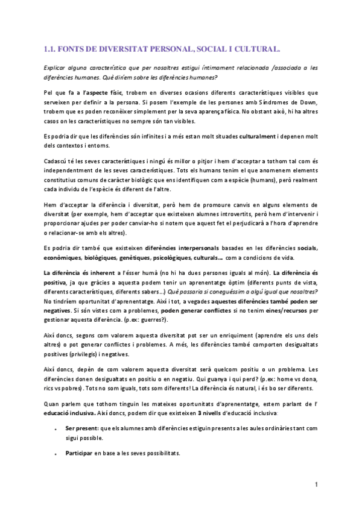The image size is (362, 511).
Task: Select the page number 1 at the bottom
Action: click(316, 484)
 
